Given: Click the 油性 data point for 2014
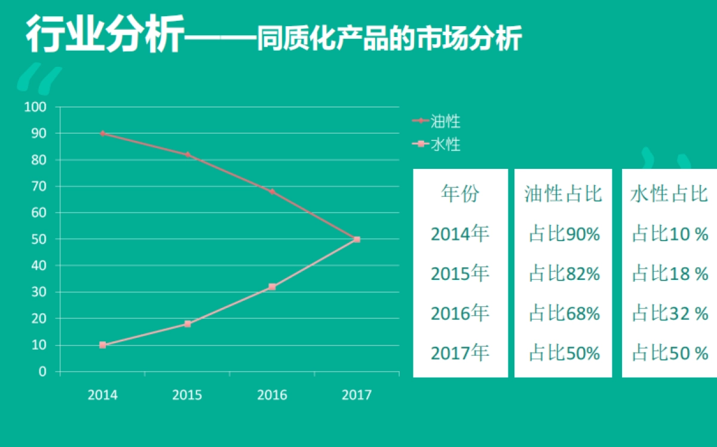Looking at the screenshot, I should coord(103,133).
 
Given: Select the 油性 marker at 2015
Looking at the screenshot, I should coord(188,155).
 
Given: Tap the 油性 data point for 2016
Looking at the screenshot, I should coord(272,192).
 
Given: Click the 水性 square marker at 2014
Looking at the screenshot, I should coord(103,345).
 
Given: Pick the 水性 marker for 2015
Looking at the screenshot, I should coord(188,324).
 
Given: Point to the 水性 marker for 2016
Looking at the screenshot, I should coord(272,287).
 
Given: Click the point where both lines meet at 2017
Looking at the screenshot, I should coord(357,239).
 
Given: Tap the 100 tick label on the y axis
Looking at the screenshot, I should coord(35,107).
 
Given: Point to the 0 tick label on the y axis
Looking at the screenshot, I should coord(42,371).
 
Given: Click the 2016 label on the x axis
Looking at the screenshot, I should coord(272,395).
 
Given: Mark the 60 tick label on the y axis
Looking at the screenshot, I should coord(38,213).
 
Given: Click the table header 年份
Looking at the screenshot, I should coord(460,193).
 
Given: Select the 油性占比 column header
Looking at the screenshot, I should coord(563,193).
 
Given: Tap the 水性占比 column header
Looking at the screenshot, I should coord(669,193).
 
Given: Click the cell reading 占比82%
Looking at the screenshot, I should coord(564,274).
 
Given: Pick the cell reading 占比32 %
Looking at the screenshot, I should coord(670,313).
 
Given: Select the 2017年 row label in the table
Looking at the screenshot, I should coord(460,353).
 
